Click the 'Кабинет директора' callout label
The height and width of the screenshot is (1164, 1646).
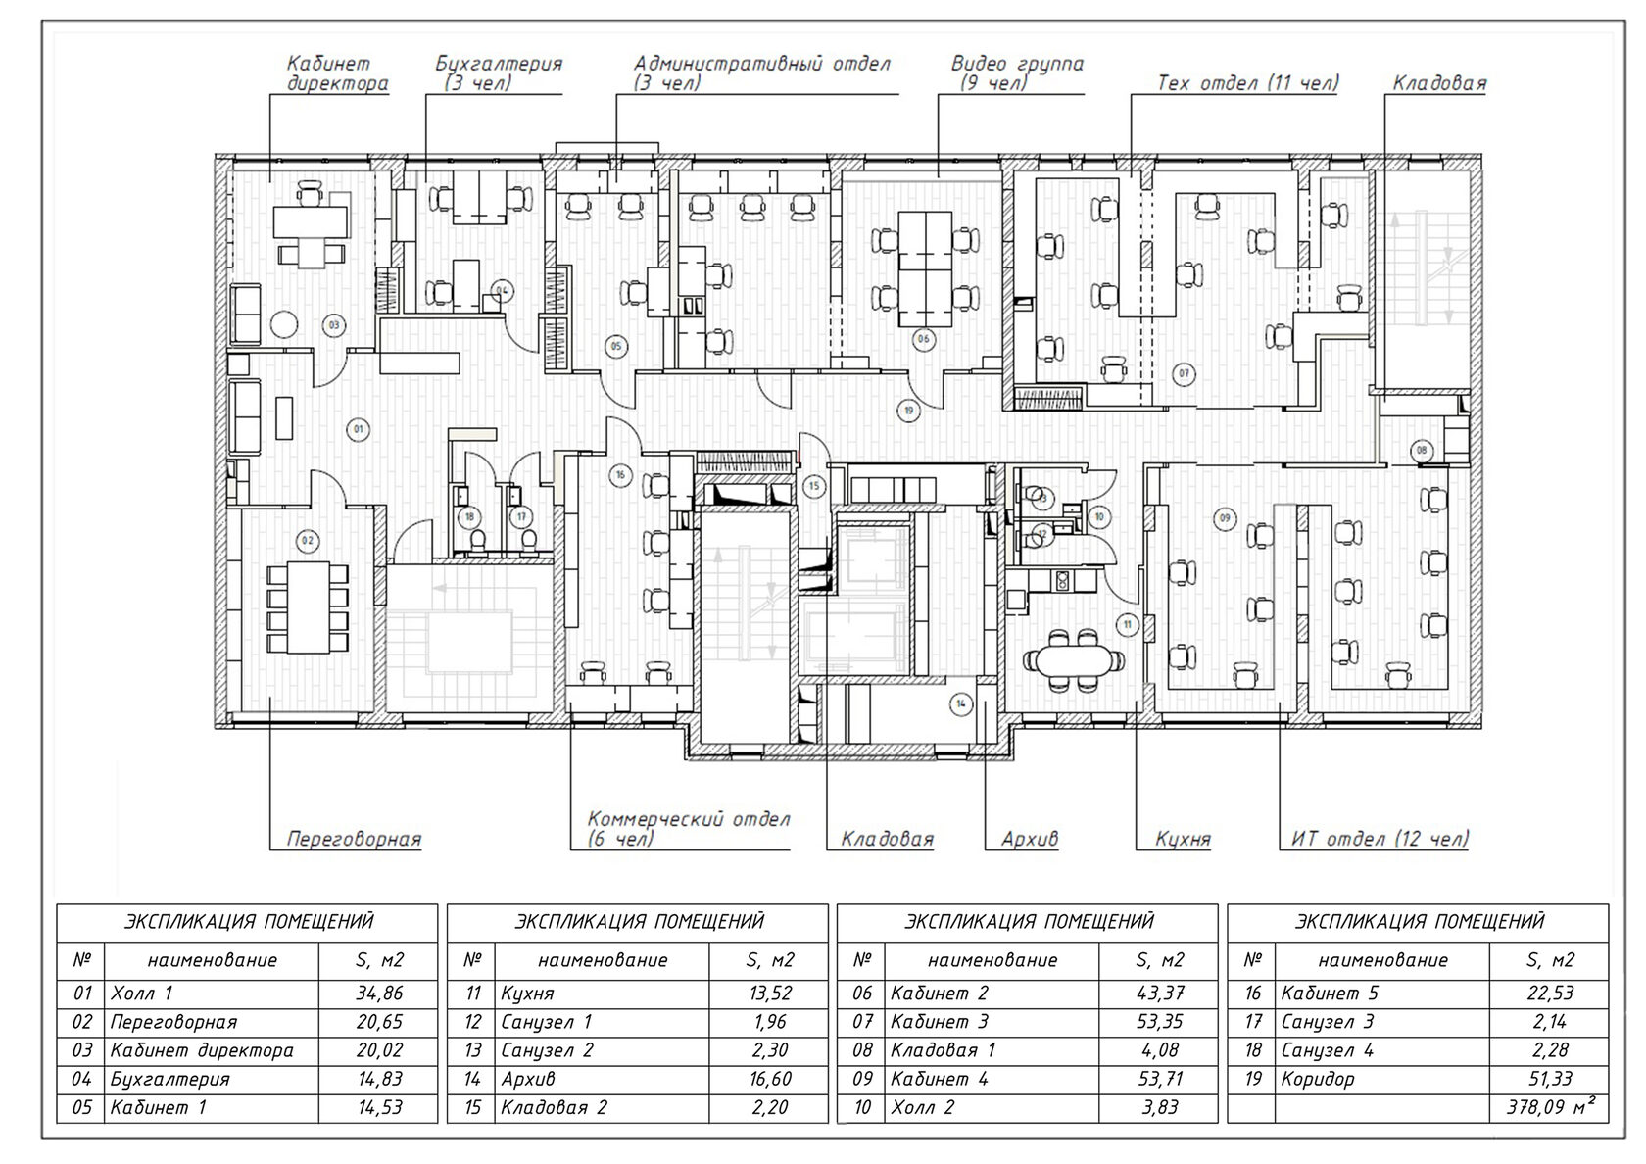pos(337,73)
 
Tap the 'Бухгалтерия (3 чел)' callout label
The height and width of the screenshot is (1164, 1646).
pos(499,73)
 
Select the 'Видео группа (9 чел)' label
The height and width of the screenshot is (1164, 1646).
pos(1017,73)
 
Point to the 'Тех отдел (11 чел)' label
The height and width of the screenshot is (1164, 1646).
pos(1247,83)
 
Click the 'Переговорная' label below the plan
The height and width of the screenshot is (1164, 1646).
pos(354,839)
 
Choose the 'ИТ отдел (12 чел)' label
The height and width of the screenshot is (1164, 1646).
pos(1380,839)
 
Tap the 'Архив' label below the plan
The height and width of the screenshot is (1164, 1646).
pos(1030,839)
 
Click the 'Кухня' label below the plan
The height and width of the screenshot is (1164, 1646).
pos(1183,839)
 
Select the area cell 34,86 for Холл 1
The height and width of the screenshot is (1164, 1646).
pos(379,993)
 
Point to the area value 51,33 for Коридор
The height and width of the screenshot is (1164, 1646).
pos(1548,1079)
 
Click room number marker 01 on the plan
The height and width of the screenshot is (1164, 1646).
pos(359,429)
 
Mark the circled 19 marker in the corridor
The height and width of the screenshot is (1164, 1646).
pos(908,411)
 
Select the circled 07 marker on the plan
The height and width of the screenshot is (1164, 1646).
pos(1184,373)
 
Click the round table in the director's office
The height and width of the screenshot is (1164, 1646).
pos(284,323)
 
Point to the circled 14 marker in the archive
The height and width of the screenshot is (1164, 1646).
pos(961,703)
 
